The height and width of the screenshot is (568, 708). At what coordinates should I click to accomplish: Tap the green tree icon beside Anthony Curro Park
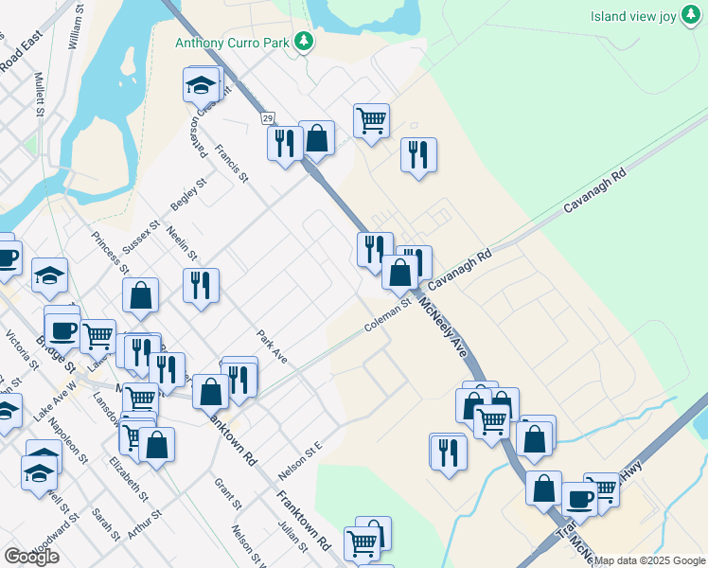pos(304,41)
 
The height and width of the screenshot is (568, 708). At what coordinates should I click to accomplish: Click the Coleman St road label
pos(389,316)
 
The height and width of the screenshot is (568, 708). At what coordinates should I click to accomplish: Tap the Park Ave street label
pos(272,346)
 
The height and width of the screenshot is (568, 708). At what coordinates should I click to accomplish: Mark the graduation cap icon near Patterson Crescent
pos(201,86)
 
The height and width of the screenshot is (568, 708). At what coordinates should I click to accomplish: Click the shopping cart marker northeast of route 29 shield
pos(371,120)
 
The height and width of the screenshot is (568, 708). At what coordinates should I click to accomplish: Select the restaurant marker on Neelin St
pos(201,284)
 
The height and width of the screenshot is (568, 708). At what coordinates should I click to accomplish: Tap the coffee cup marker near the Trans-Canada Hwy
pos(579,498)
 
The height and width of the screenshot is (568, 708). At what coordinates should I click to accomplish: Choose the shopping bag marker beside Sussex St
pos(140,294)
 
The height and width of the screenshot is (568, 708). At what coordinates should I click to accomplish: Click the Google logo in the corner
pos(31,557)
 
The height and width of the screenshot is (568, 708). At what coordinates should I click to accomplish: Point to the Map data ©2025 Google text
pos(650,560)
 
